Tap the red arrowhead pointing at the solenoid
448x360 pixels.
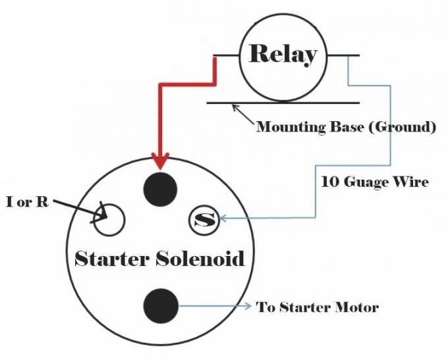[x=160, y=161]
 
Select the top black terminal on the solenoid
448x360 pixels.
[x=160, y=188]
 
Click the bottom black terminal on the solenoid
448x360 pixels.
[x=161, y=306]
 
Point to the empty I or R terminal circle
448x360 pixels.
[x=109, y=219]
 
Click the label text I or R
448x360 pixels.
[x=27, y=202]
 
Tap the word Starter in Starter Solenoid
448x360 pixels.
[x=111, y=258]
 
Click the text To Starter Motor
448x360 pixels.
[x=318, y=307]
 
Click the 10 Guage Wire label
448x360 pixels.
[x=374, y=182]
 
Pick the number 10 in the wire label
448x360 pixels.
[x=329, y=182]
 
